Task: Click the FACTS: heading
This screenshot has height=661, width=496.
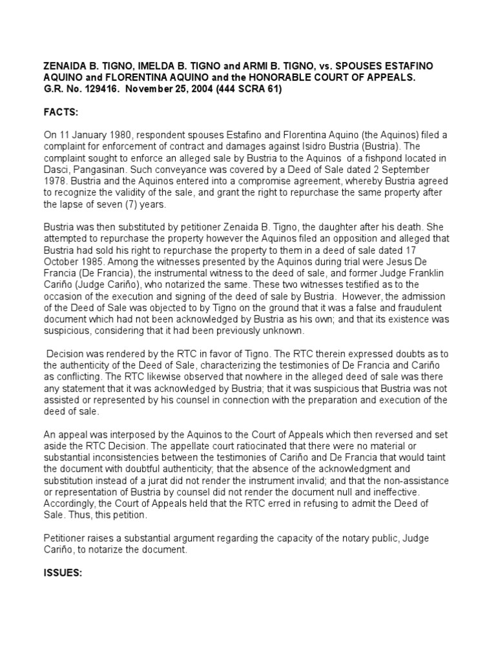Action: [61, 112]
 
